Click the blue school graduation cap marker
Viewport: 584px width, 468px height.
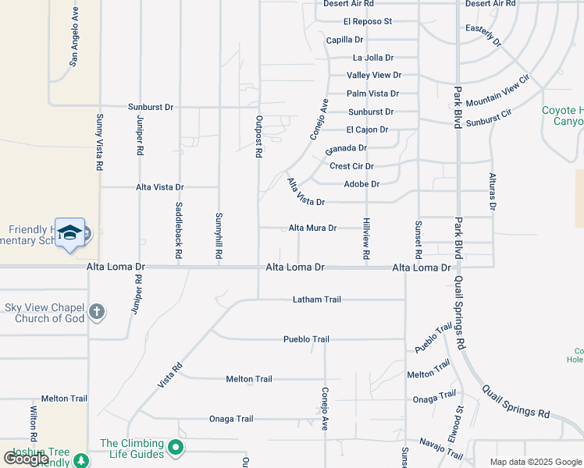(x=69, y=232)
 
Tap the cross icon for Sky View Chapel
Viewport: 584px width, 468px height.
(x=96, y=312)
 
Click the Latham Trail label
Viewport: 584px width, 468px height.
(x=317, y=300)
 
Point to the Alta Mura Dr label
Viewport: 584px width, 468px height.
(x=312, y=229)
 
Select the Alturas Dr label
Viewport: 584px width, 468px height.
(x=493, y=191)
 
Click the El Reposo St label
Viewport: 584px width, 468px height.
(x=367, y=22)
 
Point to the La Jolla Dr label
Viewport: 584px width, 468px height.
(x=373, y=58)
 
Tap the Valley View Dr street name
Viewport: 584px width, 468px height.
(x=374, y=76)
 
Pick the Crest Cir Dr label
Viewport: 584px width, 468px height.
(x=351, y=166)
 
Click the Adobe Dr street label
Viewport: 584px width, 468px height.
(x=361, y=184)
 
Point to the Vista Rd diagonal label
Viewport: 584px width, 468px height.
(x=169, y=375)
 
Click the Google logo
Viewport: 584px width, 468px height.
(x=26, y=459)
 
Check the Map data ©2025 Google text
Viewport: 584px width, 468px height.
(x=535, y=462)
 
